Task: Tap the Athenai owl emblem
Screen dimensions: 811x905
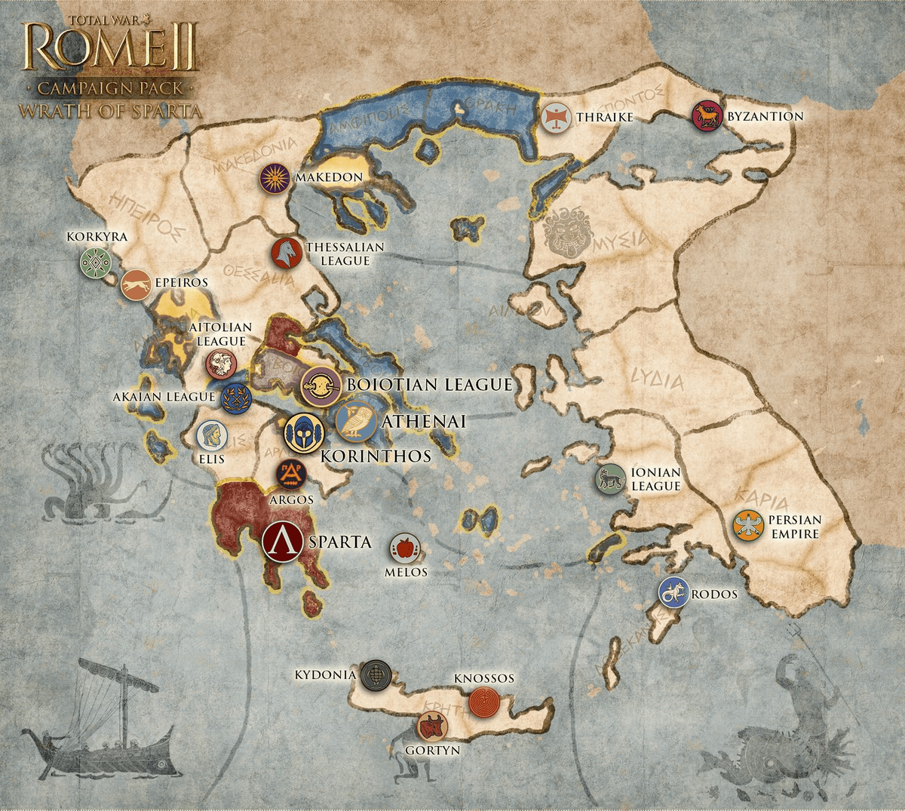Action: tap(356, 421)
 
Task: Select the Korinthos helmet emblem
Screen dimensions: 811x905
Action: tap(304, 433)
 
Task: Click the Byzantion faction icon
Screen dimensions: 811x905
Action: tap(707, 116)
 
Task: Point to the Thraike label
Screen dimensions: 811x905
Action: tap(605, 117)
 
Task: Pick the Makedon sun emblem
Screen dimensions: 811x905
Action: tap(275, 179)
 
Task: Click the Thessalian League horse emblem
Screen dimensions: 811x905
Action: tap(287, 253)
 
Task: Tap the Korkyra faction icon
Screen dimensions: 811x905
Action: tap(96, 263)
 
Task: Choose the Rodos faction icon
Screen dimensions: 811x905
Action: tap(673, 592)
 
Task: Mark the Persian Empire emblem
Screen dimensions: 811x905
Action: tap(748, 525)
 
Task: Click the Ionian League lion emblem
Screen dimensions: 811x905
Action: tap(611, 479)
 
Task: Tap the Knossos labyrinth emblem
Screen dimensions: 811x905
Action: tap(483, 702)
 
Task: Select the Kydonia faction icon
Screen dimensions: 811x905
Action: tap(376, 675)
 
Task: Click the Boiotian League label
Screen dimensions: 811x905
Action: tap(429, 385)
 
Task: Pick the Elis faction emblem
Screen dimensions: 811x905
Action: tap(212, 435)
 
